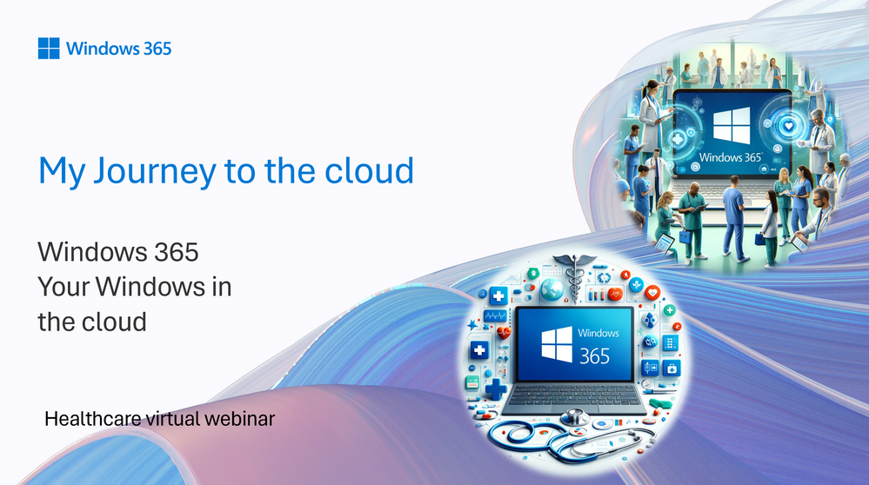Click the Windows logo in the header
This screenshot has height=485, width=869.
[49, 48]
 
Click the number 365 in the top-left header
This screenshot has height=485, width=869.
[157, 49]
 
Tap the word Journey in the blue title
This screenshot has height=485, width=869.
[155, 171]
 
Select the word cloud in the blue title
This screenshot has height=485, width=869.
[369, 170]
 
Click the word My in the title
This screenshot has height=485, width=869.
[62, 172]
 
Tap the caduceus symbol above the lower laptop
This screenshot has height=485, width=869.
[575, 276]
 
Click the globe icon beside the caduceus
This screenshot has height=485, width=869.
[551, 289]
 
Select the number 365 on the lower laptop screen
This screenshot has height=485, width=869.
[595, 356]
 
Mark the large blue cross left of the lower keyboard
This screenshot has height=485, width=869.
[496, 388]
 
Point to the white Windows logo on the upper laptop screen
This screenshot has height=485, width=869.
[732, 126]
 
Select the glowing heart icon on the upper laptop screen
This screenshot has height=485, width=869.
[789, 126]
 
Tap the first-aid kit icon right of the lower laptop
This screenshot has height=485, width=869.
[672, 369]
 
